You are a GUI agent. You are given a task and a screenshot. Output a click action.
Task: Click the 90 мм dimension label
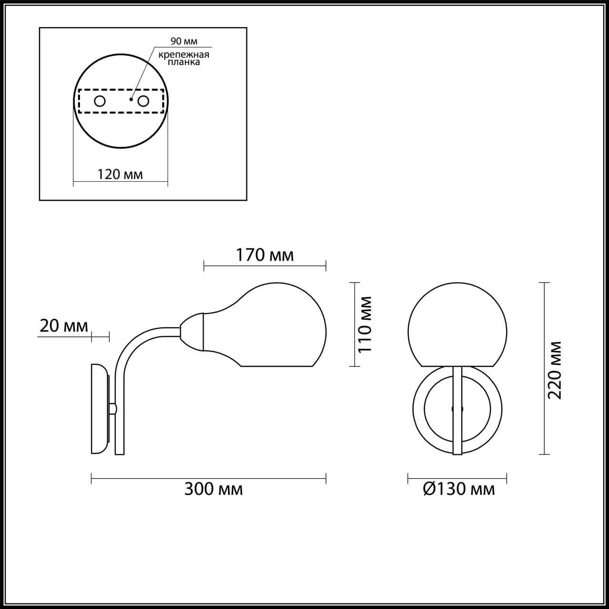pos(184,42)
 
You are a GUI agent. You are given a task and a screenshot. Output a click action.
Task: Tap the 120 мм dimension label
pos(120,174)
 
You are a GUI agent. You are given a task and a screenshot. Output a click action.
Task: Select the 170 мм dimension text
pos(265,255)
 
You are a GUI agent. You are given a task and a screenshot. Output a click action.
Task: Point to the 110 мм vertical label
pos(364,324)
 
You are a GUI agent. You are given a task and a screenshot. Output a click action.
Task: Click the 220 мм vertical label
pos(555,370)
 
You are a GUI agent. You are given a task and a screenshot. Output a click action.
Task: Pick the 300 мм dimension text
pos(214,489)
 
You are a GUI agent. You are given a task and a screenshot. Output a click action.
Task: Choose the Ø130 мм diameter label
pos(459,489)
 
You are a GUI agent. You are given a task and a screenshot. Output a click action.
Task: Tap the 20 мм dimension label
pos(63,326)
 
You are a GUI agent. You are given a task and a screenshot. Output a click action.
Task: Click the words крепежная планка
pos(184,58)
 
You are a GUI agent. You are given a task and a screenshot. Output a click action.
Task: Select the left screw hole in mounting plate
pos(100,101)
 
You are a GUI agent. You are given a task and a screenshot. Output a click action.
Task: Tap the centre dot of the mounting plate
pos(131,100)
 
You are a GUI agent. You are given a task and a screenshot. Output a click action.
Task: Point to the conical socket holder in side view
pos(193,329)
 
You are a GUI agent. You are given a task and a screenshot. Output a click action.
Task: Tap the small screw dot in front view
pos(453,408)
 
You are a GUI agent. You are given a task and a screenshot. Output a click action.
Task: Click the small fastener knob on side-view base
pos(113,408)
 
